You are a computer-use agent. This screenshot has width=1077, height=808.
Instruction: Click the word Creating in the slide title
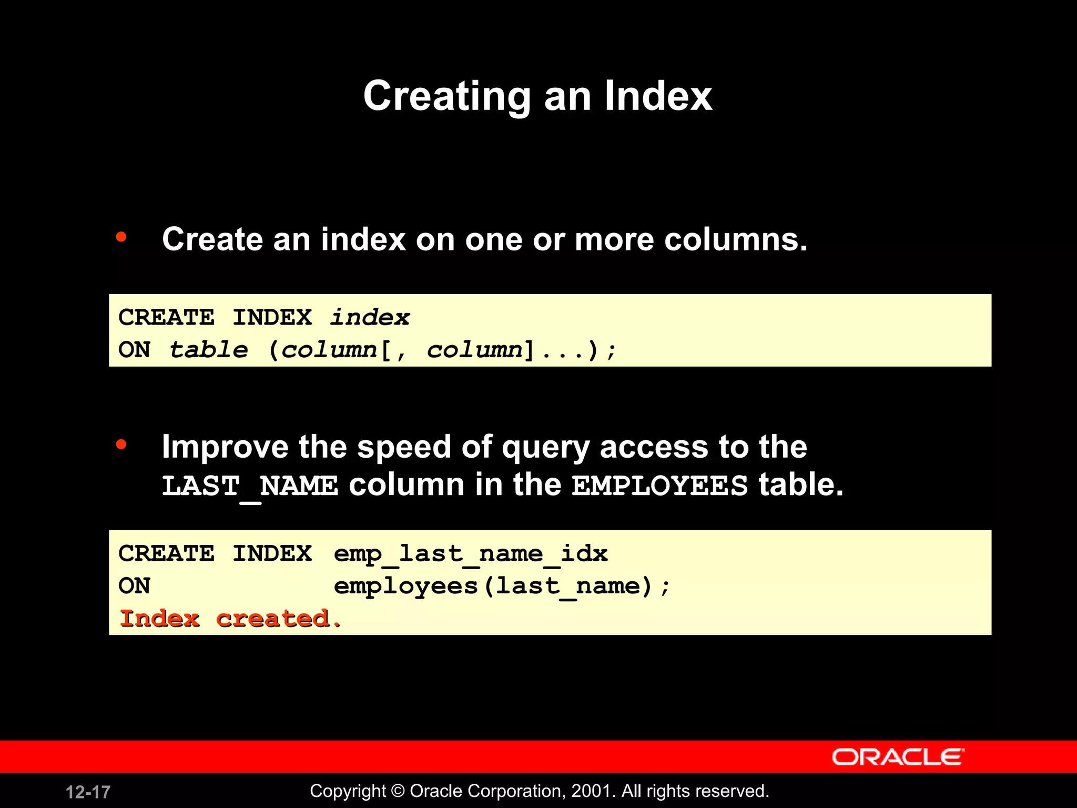click(447, 96)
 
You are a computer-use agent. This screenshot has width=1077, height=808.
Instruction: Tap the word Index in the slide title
click(658, 96)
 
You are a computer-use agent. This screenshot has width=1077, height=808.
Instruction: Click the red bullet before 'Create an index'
click(121, 237)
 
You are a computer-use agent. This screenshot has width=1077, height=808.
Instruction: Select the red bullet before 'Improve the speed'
click(121, 445)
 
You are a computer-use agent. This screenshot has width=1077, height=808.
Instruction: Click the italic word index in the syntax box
click(370, 317)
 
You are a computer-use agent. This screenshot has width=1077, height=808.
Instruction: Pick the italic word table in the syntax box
click(209, 350)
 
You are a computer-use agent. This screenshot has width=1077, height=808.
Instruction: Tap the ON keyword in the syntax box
click(135, 350)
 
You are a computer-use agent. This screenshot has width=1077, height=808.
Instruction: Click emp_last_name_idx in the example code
click(471, 554)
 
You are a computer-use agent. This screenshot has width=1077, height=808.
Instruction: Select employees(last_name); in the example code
click(502, 586)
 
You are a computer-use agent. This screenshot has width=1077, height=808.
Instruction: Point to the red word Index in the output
click(160, 619)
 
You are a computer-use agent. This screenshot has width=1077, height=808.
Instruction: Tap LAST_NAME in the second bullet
click(250, 486)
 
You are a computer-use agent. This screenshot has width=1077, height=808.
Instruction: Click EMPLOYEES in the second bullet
click(659, 486)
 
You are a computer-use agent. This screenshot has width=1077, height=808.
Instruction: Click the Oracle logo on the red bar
click(898, 757)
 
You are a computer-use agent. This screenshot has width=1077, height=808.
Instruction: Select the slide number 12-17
click(88, 792)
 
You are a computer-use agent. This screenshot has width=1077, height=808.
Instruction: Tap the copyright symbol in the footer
click(398, 791)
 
